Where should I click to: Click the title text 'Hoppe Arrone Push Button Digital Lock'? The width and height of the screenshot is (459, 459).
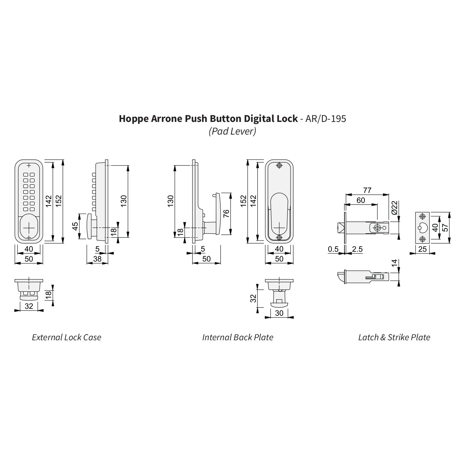pyautogui.click(x=208, y=119)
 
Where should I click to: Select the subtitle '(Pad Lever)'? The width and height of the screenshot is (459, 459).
pyautogui.click(x=232, y=131)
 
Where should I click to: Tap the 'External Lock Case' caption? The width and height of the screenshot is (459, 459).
pyautogui.click(x=67, y=337)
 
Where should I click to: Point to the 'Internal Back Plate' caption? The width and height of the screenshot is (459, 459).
pyautogui.click(x=238, y=337)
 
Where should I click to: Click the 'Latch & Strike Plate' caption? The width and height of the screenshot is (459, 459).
pyautogui.click(x=394, y=337)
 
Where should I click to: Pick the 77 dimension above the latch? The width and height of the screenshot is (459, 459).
pyautogui.click(x=367, y=190)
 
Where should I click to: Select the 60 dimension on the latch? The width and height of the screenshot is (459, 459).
pyautogui.click(x=361, y=200)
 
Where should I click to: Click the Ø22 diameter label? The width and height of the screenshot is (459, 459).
pyautogui.click(x=394, y=207)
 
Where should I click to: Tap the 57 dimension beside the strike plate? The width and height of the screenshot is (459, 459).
pyautogui.click(x=445, y=228)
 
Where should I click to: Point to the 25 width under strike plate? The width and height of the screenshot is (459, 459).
pyautogui.click(x=422, y=249)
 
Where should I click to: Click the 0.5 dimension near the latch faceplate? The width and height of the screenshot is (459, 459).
pyautogui.click(x=333, y=249)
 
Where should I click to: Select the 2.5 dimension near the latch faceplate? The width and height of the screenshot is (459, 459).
pyautogui.click(x=357, y=249)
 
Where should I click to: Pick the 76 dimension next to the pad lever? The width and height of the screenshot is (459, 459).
pyautogui.click(x=226, y=214)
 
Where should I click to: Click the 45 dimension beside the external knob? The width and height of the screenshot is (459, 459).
pyautogui.click(x=75, y=226)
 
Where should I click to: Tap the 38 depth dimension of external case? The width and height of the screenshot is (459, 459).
pyautogui.click(x=97, y=259)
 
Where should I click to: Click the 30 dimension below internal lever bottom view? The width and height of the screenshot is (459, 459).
pyautogui.click(x=279, y=313)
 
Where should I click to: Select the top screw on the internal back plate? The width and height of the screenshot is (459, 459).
pyautogui.click(x=279, y=166)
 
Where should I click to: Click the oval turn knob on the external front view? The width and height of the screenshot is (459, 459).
pyautogui.click(x=29, y=227)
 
